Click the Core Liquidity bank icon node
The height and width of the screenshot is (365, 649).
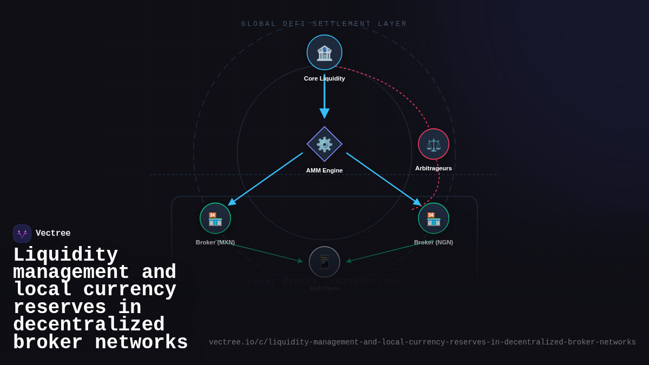pyautogui.click(x=325, y=52)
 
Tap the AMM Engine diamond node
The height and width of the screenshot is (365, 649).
pyautogui.click(x=325, y=144)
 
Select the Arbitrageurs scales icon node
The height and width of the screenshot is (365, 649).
pyautogui.click(x=434, y=144)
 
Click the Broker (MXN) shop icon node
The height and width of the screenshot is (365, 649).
pyautogui.click(x=215, y=218)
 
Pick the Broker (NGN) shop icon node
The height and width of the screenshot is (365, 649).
pyautogui.click(x=434, y=218)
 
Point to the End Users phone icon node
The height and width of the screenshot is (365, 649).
pyautogui.click(x=325, y=262)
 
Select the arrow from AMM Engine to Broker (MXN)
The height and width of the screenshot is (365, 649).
pyautogui.click(x=265, y=179)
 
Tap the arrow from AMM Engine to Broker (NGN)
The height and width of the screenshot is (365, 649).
pyautogui.click(x=384, y=179)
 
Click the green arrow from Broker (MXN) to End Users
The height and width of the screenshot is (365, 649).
pyautogui.click(x=260, y=251)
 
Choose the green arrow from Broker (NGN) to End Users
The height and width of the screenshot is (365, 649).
pyautogui.click(x=389, y=251)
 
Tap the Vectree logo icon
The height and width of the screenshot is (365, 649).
pyautogui.click(x=22, y=234)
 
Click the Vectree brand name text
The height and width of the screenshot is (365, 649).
pyautogui.click(x=53, y=234)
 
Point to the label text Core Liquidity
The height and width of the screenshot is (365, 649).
pyautogui.click(x=325, y=78)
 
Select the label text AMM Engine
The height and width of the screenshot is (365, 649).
pyautogui.click(x=325, y=170)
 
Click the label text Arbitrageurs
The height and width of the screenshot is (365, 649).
pyautogui.click(x=434, y=168)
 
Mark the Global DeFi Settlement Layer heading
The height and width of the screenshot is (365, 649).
pyautogui.click(x=325, y=24)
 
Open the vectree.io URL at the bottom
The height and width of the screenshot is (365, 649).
pyautogui.click(x=422, y=342)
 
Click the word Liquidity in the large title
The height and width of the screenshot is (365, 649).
pyautogui.click(x=65, y=255)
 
